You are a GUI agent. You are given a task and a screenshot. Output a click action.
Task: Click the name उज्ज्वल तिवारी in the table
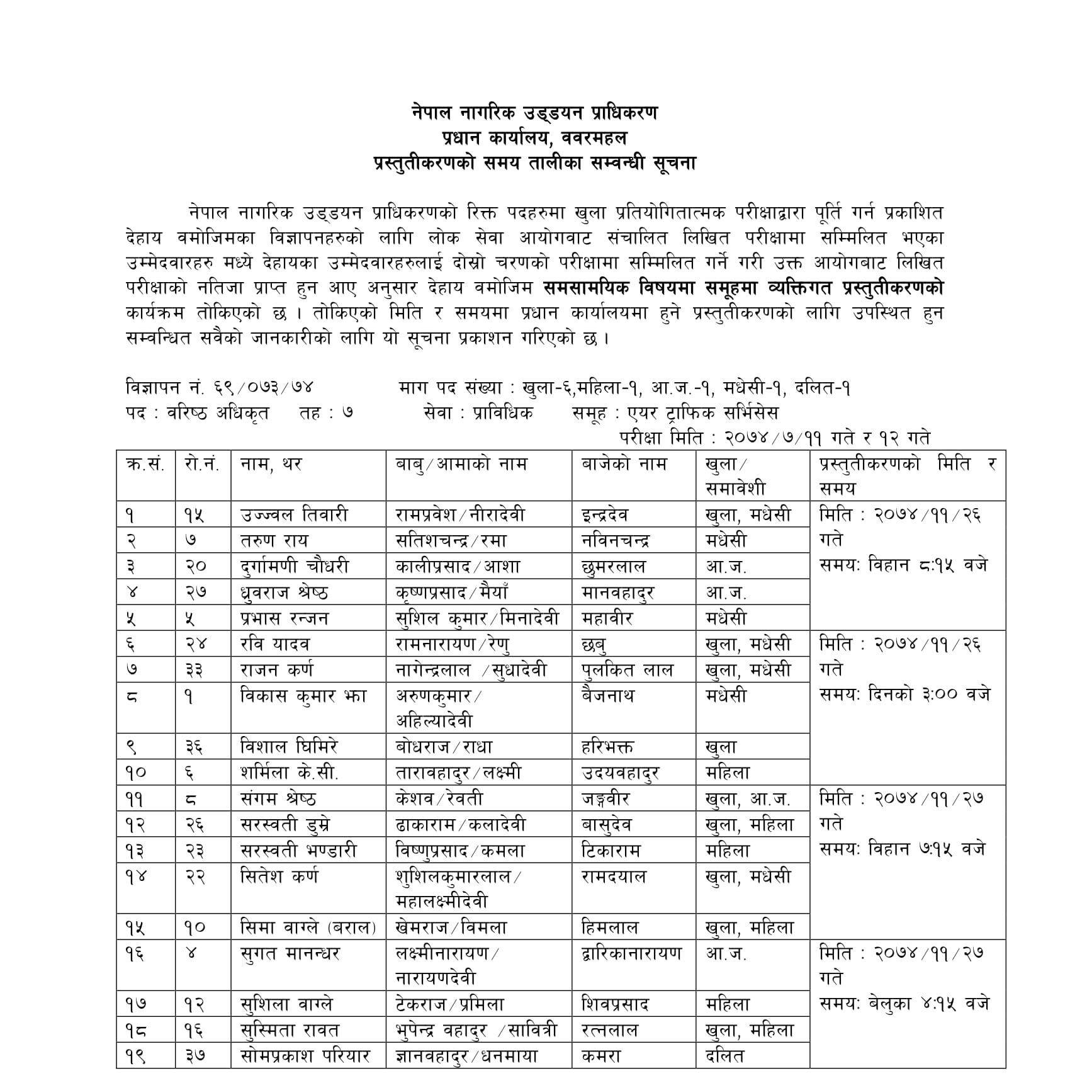(x=293, y=515)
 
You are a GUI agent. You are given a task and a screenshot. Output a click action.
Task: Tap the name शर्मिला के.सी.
(x=290, y=773)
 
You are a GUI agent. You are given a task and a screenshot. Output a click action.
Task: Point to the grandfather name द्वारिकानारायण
(x=631, y=954)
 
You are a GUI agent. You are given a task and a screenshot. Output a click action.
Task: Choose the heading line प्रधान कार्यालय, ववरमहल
(x=534, y=137)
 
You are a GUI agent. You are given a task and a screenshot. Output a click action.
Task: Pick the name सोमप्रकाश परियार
(x=305, y=1056)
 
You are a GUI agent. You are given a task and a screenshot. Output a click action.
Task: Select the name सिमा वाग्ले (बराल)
(x=308, y=927)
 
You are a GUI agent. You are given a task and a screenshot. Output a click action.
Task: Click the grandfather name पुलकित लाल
(x=627, y=670)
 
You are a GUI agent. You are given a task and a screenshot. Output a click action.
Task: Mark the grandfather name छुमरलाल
(x=614, y=567)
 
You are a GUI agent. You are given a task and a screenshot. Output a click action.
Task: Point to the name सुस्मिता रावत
(x=290, y=1030)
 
